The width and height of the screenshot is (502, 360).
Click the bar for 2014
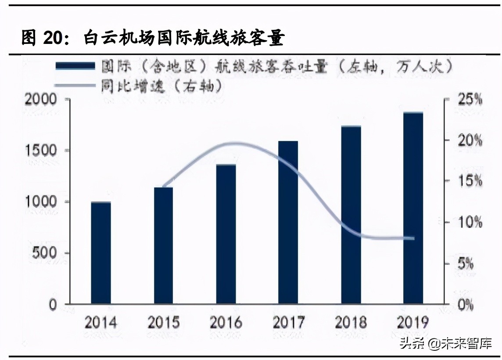[101, 253]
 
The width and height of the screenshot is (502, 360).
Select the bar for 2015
[163, 245]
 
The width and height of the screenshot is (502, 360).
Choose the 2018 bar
[351, 215]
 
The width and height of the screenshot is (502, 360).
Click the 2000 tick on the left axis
[41, 100]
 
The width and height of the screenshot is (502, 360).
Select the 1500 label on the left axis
[41, 151]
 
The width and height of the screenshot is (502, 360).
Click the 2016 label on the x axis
[226, 323]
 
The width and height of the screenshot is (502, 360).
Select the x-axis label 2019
[413, 323]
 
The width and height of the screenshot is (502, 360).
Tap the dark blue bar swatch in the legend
[75, 66]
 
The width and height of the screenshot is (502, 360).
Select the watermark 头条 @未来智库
[445, 343]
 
